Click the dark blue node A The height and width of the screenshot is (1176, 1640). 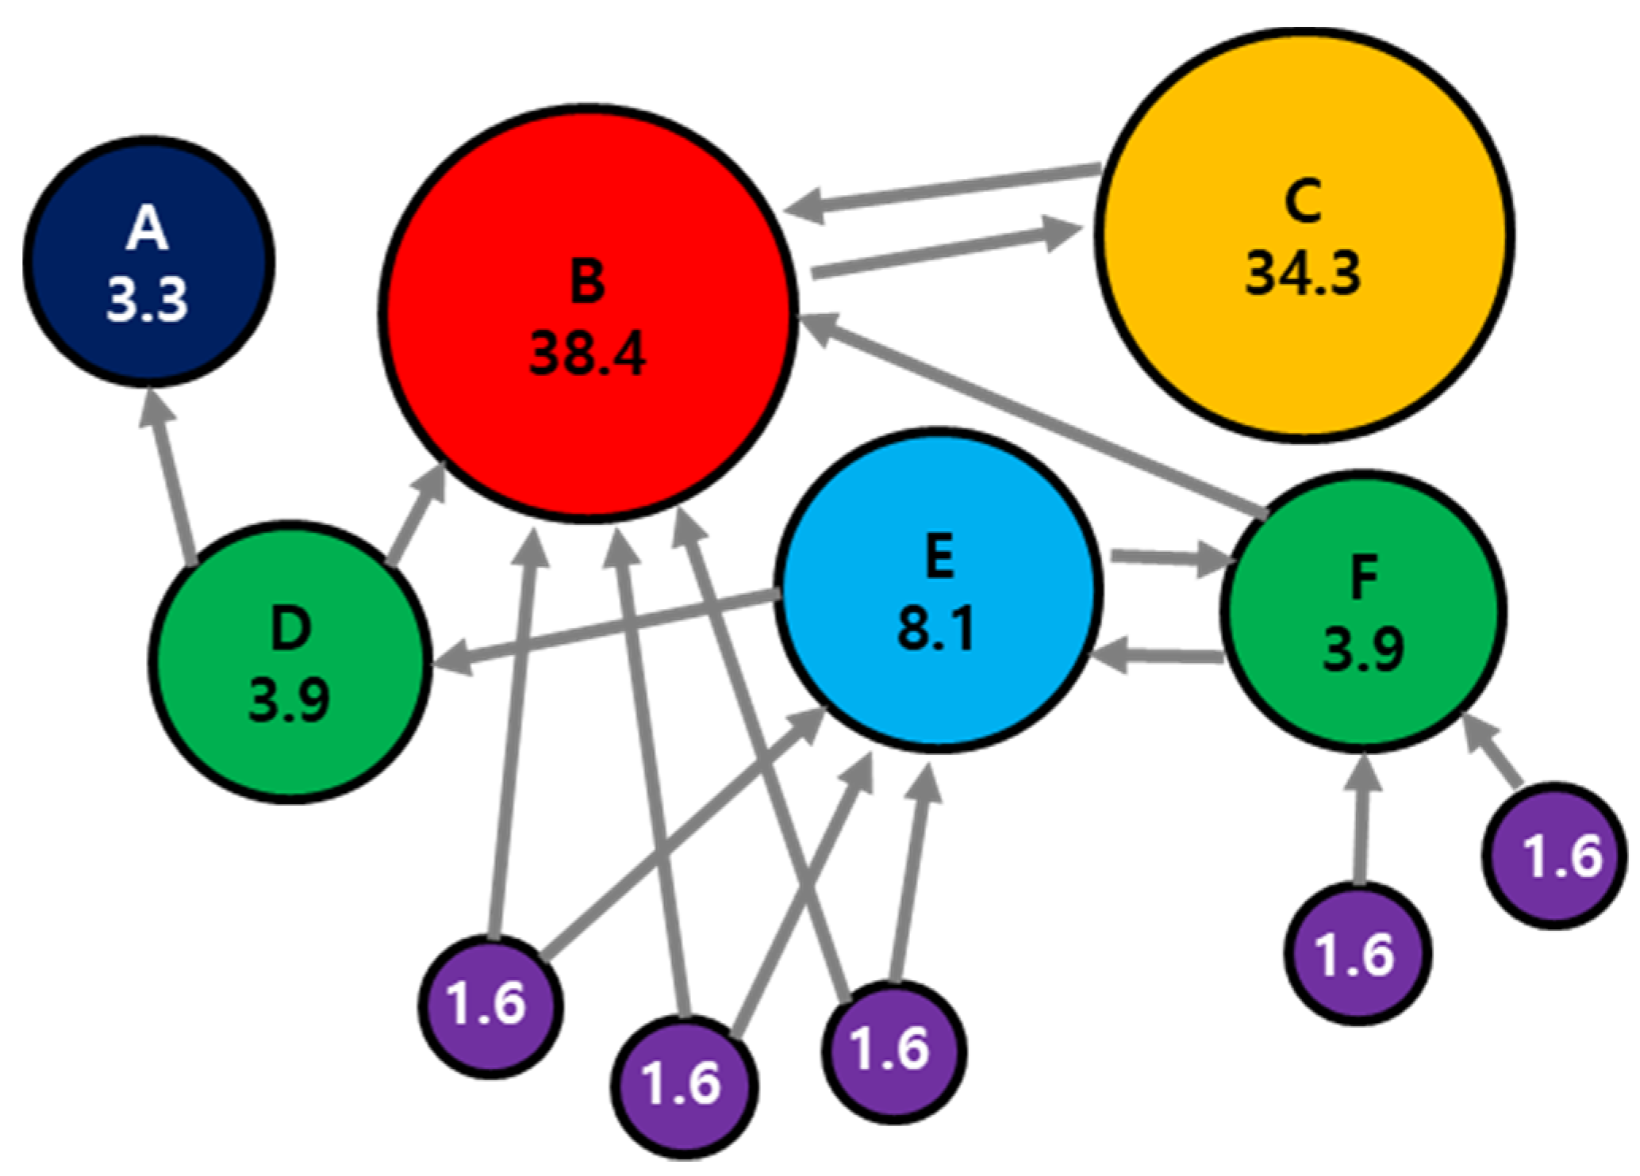click(x=148, y=262)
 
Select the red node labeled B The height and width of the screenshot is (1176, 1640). click(x=587, y=313)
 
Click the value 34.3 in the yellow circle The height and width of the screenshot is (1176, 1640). click(x=1304, y=274)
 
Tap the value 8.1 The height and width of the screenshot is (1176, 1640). click(x=937, y=630)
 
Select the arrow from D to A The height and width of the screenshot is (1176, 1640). click(x=169, y=476)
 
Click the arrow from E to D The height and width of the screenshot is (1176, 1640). click(x=603, y=630)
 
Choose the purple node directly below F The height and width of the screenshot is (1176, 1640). click(x=1358, y=953)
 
